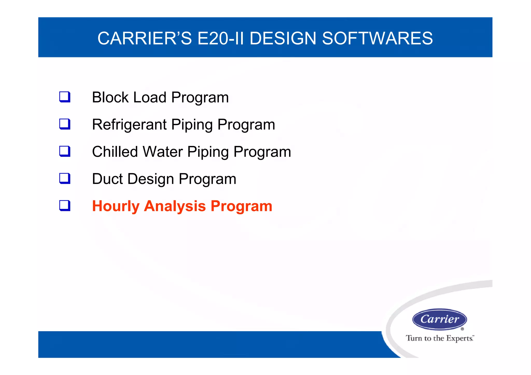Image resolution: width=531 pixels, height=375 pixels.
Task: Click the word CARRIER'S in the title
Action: click(x=144, y=38)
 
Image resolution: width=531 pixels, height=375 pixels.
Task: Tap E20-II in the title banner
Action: click(x=220, y=38)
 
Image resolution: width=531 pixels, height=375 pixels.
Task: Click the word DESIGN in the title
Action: click(x=283, y=38)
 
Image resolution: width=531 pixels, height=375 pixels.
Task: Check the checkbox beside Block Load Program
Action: click(x=65, y=97)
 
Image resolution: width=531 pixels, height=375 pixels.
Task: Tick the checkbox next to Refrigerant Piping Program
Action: click(x=65, y=124)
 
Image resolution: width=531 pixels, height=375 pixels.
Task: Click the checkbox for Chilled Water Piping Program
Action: click(x=65, y=151)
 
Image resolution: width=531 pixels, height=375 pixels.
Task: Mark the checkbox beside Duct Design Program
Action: click(x=65, y=179)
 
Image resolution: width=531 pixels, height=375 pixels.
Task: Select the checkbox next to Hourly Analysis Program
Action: click(x=65, y=206)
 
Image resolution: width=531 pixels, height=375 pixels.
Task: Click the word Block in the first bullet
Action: click(x=110, y=97)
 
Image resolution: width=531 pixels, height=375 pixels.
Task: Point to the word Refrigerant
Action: click(x=129, y=125)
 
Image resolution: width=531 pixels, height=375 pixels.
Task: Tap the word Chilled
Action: click(x=115, y=152)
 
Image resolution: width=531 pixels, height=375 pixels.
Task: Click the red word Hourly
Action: click(x=116, y=206)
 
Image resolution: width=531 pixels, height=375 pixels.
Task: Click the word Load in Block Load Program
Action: click(x=150, y=97)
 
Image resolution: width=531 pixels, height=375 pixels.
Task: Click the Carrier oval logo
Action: click(x=439, y=319)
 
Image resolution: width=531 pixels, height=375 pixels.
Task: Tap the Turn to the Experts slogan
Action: click(x=440, y=338)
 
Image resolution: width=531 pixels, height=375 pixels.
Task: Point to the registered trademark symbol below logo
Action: click(x=462, y=329)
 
